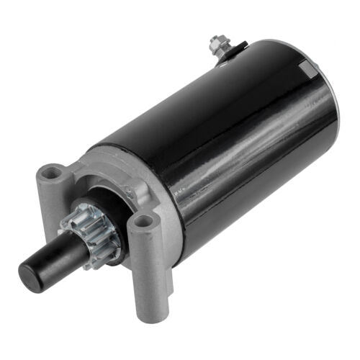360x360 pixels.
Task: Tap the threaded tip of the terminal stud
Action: tap(214, 38)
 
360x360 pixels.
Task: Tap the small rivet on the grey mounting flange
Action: tap(130, 192)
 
